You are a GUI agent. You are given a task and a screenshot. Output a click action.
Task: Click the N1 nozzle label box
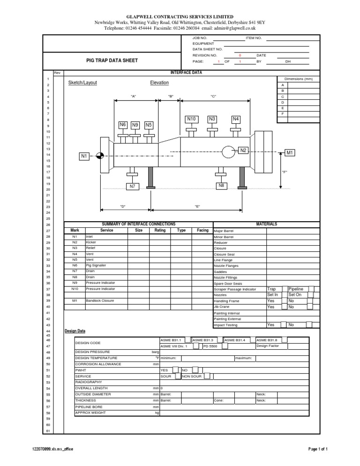[84, 156]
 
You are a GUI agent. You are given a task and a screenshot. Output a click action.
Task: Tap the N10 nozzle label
[191, 119]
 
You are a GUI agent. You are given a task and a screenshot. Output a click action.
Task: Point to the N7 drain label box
[133, 187]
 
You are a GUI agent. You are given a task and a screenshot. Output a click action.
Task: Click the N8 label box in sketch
[221, 186]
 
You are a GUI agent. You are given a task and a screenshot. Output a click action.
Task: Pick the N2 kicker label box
[243, 150]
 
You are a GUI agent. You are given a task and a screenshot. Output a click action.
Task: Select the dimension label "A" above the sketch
[133, 96]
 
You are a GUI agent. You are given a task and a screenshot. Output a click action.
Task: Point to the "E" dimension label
[198, 206]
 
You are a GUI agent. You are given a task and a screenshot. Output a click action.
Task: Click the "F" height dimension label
[284, 172]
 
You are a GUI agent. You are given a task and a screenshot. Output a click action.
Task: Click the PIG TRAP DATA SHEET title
[112, 61]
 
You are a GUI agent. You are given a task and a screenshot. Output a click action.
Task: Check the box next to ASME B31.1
[187, 339]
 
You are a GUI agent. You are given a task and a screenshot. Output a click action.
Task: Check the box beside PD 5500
[225, 346]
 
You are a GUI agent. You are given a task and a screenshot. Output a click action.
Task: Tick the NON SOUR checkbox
[207, 376]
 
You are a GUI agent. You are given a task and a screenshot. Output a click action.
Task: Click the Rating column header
[160, 231]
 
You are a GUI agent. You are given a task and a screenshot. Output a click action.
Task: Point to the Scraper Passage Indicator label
[235, 289]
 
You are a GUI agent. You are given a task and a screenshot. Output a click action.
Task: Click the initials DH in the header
[288, 61]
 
